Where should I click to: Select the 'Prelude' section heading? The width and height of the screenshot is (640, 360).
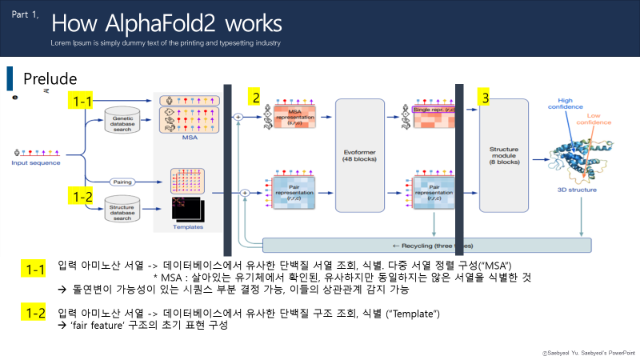50,78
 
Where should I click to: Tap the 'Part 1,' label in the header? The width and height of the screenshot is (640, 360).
24,14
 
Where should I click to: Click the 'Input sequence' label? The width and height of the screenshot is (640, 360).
35,162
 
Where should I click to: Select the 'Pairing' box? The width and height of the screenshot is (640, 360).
122,182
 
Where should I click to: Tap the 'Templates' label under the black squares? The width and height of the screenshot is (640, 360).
187,226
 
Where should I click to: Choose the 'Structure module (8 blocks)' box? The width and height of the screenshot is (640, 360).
503,155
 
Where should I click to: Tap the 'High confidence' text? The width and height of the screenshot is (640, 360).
564,105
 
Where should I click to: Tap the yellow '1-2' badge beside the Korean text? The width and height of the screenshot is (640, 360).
36,314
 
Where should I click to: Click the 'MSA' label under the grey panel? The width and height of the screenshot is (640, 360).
190,137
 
